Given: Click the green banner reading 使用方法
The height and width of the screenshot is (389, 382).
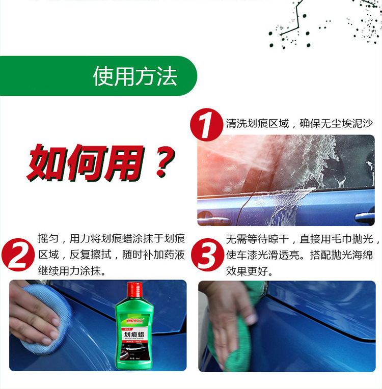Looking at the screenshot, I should tap(135, 76).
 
